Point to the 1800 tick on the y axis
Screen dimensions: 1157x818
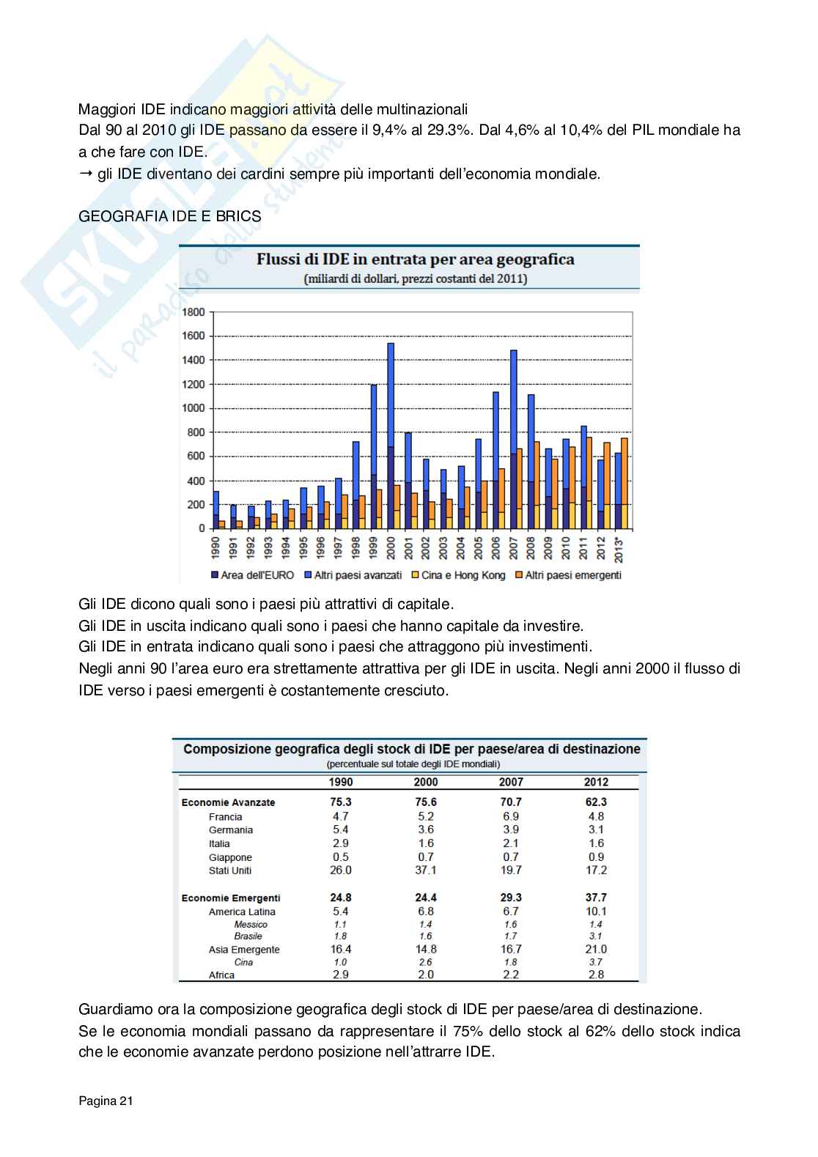[x=193, y=312]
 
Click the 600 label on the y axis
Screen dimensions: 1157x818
[x=196, y=456]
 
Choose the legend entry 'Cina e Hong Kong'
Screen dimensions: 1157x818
[x=457, y=575]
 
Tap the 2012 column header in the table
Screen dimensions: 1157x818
[x=596, y=782]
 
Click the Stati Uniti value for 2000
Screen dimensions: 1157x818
[x=425, y=870]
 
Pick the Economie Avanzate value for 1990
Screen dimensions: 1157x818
[x=341, y=802]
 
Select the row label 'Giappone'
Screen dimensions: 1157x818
[x=230, y=857]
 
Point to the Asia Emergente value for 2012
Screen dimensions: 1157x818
[x=596, y=949]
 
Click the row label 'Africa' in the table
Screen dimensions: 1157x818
[x=221, y=975]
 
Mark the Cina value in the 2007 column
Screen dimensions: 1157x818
[x=511, y=962]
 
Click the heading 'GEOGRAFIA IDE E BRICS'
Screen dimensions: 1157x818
[x=169, y=217]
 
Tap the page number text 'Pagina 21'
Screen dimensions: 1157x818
[x=106, y=1101]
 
